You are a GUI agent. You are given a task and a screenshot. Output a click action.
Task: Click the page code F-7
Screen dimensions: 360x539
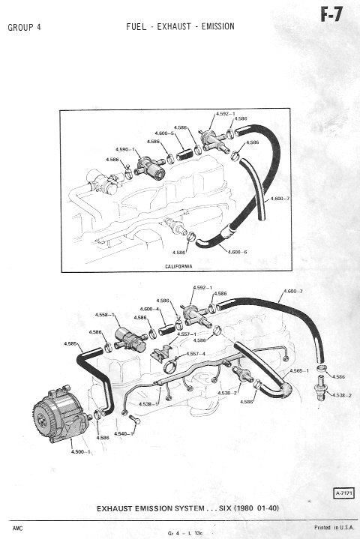(331, 15)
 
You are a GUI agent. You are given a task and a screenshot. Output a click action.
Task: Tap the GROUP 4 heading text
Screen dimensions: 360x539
(25, 27)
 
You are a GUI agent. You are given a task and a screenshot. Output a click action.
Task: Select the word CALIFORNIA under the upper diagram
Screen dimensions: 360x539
(178, 266)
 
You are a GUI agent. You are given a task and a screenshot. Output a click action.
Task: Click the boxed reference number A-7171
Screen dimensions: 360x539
(343, 493)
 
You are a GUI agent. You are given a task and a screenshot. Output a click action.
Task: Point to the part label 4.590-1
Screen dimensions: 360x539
(125, 149)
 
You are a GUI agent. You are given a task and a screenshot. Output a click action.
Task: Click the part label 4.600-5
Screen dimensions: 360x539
(164, 133)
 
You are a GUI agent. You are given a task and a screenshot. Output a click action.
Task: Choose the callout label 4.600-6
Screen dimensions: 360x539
(237, 252)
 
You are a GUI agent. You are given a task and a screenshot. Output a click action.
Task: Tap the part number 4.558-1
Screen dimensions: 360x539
(104, 315)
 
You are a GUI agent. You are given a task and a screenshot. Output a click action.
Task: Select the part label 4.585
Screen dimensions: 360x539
(70, 343)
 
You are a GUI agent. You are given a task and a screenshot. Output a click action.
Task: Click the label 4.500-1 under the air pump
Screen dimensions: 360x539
(81, 452)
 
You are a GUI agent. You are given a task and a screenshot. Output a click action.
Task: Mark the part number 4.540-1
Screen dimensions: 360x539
(124, 433)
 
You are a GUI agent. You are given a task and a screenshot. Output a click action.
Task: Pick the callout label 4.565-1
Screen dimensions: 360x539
(299, 371)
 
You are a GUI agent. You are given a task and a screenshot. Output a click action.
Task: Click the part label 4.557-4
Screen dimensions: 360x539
(196, 354)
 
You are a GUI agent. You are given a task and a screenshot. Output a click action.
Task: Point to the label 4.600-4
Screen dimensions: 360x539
(149, 309)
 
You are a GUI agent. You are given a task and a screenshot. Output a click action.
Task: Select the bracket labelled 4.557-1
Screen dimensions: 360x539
(160, 352)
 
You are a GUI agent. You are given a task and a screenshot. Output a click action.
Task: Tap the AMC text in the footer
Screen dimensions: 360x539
(17, 529)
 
